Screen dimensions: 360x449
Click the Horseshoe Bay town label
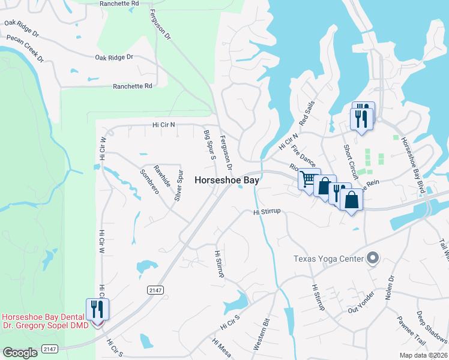coord(227,179)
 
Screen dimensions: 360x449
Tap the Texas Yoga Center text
coord(328,259)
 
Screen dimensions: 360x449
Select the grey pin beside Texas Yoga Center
coord(373,259)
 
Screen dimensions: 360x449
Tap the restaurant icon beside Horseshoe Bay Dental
coord(97,309)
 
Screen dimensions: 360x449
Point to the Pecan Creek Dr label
coord(25,48)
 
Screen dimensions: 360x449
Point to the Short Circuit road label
coord(351,161)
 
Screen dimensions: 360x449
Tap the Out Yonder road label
coord(361,304)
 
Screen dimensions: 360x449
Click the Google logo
coord(20,353)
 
